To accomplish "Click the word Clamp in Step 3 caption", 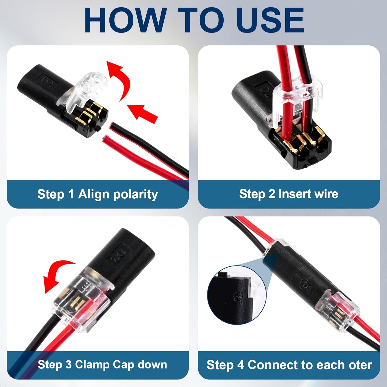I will [x=92, y=365].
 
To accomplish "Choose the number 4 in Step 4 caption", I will [x=240, y=365].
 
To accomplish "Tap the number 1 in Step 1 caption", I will [x=71, y=195].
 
